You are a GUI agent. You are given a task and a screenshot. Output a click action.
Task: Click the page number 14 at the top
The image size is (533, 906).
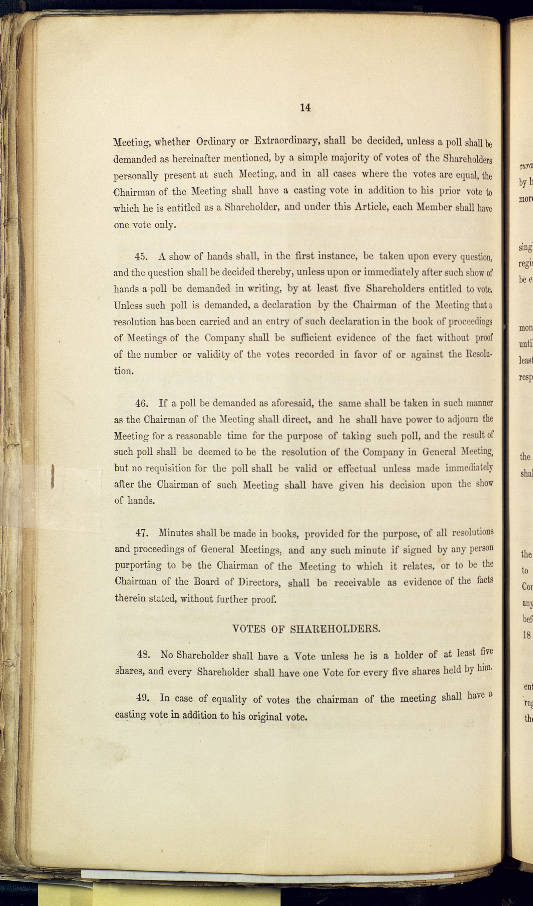305,107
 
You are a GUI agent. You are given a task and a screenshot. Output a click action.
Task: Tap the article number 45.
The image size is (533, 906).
141,257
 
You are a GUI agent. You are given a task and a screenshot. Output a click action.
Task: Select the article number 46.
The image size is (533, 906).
141,403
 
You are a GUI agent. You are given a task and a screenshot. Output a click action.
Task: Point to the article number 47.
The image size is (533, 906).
142,533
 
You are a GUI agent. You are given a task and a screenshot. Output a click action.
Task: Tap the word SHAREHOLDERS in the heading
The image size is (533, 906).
335,629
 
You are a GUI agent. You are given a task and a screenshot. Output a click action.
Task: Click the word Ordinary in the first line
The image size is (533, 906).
215,141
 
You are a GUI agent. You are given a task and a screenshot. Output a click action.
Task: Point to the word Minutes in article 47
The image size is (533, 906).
176,533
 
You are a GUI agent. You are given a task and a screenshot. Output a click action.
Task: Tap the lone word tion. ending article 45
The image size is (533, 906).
124,371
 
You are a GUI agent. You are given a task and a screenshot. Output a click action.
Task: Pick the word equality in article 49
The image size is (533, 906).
229,699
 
